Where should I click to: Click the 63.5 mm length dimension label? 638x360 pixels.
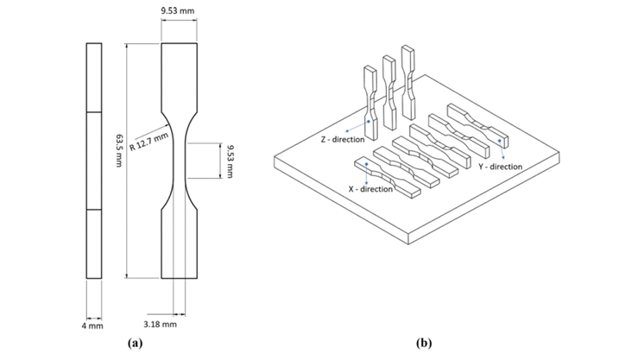pyautogui.click(x=119, y=150)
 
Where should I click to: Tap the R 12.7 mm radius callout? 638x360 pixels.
pyautogui.click(x=148, y=142)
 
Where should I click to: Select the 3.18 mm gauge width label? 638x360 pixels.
pyautogui.click(x=160, y=325)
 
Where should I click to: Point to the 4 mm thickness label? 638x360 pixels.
pyautogui.click(x=92, y=325)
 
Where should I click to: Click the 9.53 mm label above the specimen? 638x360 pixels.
pyautogui.click(x=177, y=10)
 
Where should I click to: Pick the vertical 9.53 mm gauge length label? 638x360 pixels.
pyautogui.click(x=230, y=161)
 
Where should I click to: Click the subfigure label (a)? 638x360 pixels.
pyautogui.click(x=135, y=343)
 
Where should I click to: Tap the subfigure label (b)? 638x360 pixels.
pyautogui.click(x=424, y=343)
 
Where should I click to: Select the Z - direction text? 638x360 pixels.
pyautogui.click(x=343, y=140)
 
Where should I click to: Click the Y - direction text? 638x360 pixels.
pyautogui.click(x=500, y=167)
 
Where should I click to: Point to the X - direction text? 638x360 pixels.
pyautogui.click(x=370, y=189)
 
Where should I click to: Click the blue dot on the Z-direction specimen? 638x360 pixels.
pyautogui.click(x=369, y=121)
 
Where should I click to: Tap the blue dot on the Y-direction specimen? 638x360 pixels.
pyautogui.click(x=499, y=141)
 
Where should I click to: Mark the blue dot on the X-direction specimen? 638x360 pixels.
pyautogui.click(x=367, y=164)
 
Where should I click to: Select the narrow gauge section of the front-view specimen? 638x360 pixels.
pyautogui.click(x=180, y=161)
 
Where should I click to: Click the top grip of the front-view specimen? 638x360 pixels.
pyautogui.click(x=180, y=78)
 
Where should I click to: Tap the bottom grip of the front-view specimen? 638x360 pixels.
pyautogui.click(x=180, y=244)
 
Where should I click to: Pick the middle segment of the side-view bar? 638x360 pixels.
pyautogui.click(x=94, y=161)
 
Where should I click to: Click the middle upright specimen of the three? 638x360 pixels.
pyautogui.click(x=389, y=92)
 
